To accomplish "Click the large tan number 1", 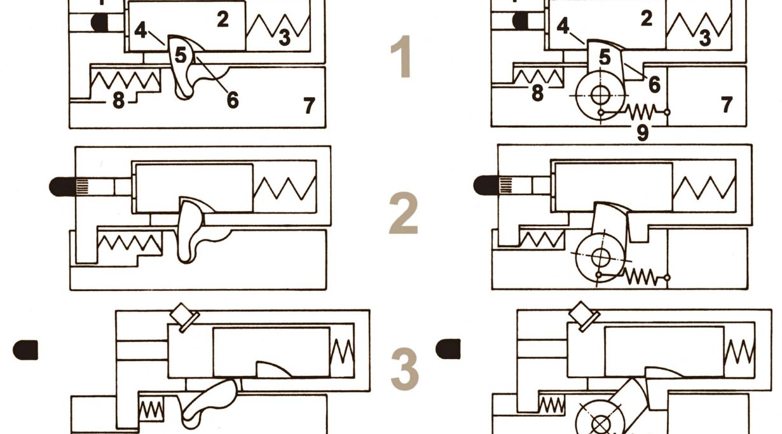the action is pos(402,56).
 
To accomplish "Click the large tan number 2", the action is pos(403,213).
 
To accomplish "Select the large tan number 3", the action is pos(404,369).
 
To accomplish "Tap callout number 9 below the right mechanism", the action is pos(642,132).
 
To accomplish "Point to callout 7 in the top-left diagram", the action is pos(309,105).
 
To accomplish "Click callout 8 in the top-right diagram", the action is pos(538,93).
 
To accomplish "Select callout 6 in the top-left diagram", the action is pos(233,100).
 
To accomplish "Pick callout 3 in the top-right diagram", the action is pos(705,38).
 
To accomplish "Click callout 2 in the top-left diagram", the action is pos(223,19).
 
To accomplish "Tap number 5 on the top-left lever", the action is pos(181,55).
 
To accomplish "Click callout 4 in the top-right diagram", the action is pos(563,26).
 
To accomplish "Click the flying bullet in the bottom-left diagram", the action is pos(25,349).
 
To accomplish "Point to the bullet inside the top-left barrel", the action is pos(100,22).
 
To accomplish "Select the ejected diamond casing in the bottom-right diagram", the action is pos(584,315).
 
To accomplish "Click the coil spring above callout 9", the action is pos(641,112).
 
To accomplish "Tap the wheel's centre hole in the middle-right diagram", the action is pos(601,258).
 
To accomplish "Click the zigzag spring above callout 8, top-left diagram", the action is pos(125,81).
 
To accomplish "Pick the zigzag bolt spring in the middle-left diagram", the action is pos(285,188).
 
